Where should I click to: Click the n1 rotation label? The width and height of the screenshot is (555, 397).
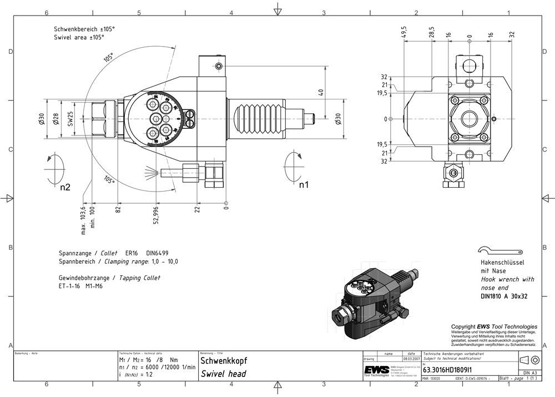point(304,184)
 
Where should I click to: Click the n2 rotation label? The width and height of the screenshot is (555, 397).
point(65,187)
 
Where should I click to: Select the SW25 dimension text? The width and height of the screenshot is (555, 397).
point(70,119)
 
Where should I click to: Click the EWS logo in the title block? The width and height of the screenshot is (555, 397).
point(376,370)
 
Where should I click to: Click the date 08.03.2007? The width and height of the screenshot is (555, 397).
point(411,360)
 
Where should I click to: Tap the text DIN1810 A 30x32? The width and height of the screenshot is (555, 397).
point(503,296)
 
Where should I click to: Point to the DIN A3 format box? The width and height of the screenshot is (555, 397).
point(529,373)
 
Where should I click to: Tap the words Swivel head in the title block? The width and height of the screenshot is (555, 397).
point(223,374)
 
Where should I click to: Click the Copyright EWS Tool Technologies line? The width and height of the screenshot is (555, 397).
point(494,327)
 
